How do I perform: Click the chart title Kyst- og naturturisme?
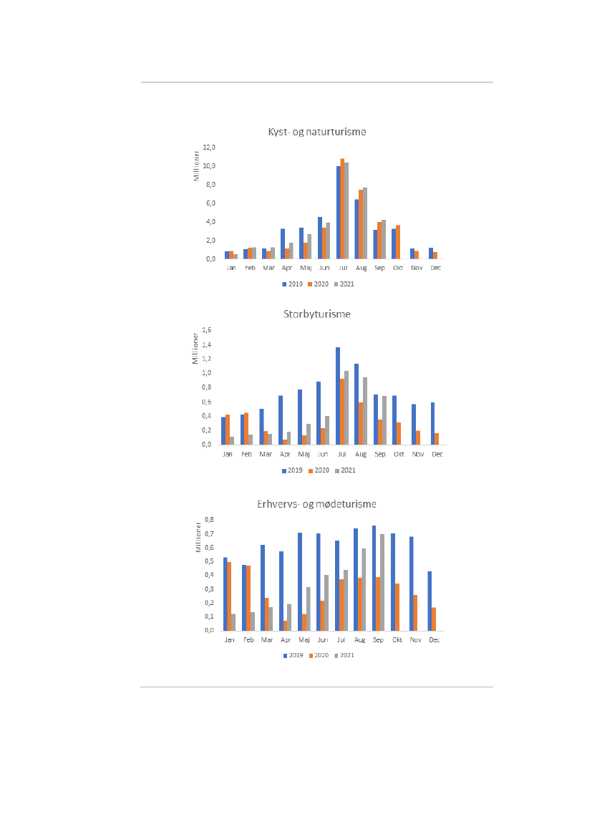tap(316, 132)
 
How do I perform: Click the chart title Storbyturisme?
tap(316, 314)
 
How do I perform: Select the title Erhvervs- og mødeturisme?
tap(316, 504)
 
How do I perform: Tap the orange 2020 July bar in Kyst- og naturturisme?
tap(342, 208)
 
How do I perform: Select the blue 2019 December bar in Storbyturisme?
tap(432, 423)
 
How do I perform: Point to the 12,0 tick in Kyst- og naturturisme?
tap(210, 147)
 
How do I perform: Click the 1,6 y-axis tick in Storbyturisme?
tap(208, 330)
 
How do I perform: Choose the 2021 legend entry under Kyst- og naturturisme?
tap(344, 284)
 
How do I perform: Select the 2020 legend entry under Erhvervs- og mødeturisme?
tap(319, 655)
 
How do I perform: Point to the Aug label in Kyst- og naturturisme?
tap(361, 268)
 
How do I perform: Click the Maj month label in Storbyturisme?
tap(304, 454)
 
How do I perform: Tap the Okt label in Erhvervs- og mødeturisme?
tap(397, 640)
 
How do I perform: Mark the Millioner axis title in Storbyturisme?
tap(195, 347)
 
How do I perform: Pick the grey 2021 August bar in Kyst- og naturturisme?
tap(365, 223)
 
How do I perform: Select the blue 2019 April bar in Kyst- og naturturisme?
tap(283, 243)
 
